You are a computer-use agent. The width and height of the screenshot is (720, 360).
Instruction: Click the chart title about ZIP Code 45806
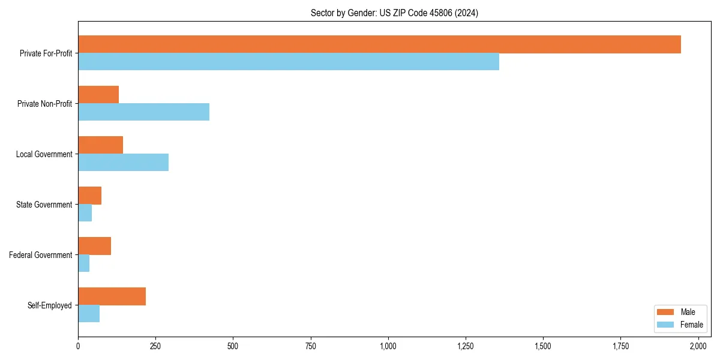394,13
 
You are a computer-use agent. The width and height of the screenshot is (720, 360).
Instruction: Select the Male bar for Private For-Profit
379,44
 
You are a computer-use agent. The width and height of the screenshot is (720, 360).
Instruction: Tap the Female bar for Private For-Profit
288,61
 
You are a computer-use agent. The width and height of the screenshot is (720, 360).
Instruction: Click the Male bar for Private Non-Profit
98,95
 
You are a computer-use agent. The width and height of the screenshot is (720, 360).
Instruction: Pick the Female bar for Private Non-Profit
143,112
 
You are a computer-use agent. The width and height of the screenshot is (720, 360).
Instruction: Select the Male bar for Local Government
100,145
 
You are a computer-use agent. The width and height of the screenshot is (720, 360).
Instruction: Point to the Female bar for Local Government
123,162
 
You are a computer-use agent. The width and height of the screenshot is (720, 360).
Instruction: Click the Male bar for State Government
89,196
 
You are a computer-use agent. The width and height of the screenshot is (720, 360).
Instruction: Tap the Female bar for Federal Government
83,263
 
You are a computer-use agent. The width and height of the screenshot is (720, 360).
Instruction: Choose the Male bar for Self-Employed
112,296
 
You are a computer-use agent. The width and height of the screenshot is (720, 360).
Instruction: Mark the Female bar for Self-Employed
89,313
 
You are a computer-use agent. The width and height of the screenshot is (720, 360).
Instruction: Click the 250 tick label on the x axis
155,346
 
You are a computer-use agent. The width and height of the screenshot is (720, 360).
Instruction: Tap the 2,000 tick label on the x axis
698,346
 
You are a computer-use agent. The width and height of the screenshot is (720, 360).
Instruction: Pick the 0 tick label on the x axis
78,346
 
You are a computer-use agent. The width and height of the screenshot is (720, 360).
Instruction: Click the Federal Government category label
40,255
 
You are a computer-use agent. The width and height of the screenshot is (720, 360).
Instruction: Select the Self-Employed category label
49,305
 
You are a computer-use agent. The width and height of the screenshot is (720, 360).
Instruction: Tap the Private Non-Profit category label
44,104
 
